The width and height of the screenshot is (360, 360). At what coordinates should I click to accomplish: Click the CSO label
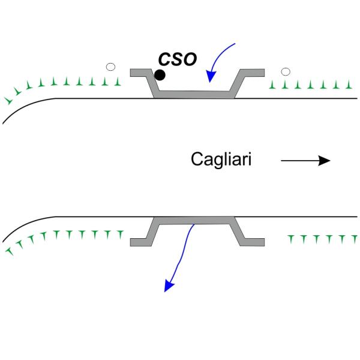(177, 59)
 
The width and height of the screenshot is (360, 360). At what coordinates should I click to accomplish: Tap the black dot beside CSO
(160, 75)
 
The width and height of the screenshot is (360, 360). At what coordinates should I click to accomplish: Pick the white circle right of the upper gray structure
(286, 72)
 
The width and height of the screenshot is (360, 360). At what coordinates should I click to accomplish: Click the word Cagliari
(221, 160)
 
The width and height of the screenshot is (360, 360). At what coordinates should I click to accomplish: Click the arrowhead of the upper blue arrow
(210, 77)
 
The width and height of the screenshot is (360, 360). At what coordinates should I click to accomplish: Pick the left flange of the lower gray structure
(140, 241)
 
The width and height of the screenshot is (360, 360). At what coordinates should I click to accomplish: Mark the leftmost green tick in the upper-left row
(8, 100)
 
